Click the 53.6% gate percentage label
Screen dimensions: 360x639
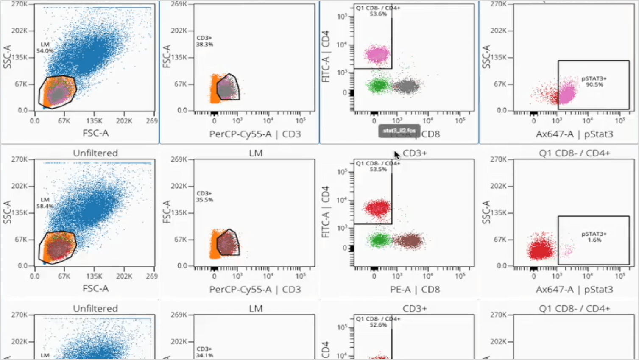tap(378, 14)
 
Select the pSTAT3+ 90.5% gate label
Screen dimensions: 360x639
tap(594, 81)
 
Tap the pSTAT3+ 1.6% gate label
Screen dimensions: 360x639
tap(594, 237)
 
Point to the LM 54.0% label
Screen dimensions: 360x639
tap(45, 47)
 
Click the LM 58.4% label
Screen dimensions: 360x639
tap(45, 203)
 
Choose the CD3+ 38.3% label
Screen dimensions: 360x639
tap(204, 41)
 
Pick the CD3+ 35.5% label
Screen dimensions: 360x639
tap(204, 196)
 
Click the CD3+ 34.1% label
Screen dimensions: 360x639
tap(204, 352)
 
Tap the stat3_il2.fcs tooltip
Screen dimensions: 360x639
tap(399, 131)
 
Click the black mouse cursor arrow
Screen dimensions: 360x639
tap(396, 155)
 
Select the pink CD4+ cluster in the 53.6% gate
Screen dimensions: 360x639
tap(377, 54)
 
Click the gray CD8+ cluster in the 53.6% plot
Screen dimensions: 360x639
tap(407, 87)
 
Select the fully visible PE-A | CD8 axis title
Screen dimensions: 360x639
tap(415, 289)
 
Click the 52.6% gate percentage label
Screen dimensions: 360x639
tap(378, 325)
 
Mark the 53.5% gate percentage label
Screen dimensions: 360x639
tap(378, 169)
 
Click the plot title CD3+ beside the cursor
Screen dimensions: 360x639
tap(414, 153)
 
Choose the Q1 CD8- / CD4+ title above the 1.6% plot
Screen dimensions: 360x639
tap(574, 153)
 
